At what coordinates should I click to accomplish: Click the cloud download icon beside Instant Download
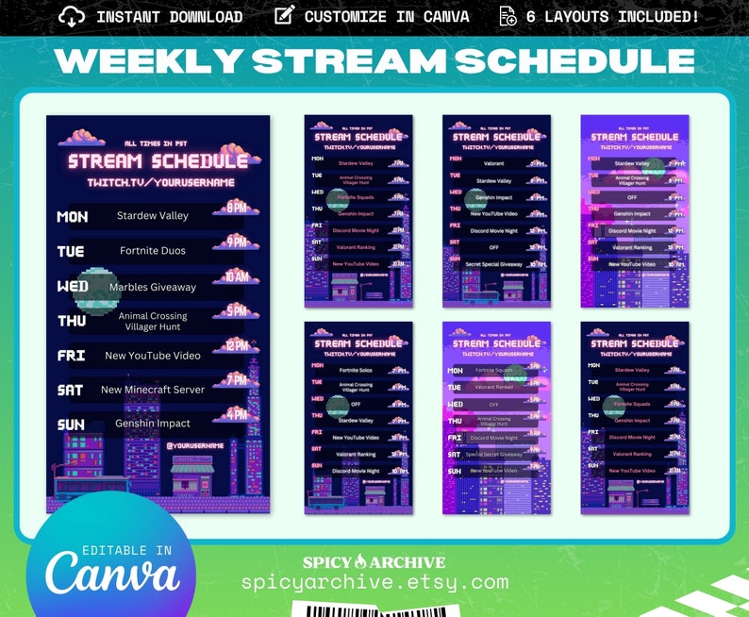point(72,16)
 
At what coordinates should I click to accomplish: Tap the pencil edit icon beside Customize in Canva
point(283,16)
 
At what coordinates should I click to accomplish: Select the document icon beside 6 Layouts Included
point(508,16)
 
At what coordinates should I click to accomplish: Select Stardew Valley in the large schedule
point(153,216)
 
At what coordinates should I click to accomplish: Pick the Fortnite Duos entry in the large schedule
point(153,251)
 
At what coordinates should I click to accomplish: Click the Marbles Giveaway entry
point(153,287)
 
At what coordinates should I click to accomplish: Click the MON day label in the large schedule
point(73,217)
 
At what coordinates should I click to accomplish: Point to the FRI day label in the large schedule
point(71,356)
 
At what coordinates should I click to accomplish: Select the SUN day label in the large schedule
point(71,425)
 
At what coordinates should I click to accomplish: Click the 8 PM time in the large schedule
point(236,207)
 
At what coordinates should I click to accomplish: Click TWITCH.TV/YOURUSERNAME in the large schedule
point(160,182)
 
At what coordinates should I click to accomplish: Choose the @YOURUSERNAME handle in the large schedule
point(195,445)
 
